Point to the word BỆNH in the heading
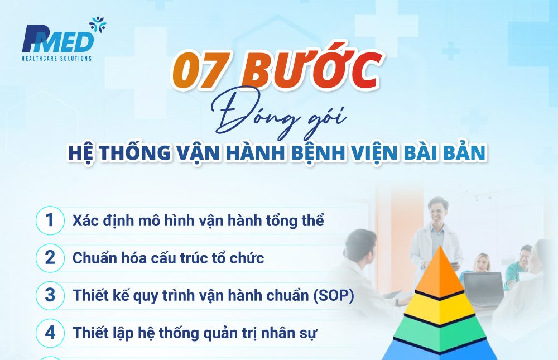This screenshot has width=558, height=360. [x=319, y=152]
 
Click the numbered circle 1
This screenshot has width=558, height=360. [x=51, y=220]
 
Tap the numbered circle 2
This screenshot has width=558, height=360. [x=51, y=258]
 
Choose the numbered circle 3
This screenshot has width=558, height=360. [x=51, y=296]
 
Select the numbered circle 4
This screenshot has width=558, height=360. [x=51, y=333]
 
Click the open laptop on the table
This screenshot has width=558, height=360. [x=483, y=288]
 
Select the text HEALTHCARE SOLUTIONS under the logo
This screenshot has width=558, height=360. [x=56, y=58]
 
